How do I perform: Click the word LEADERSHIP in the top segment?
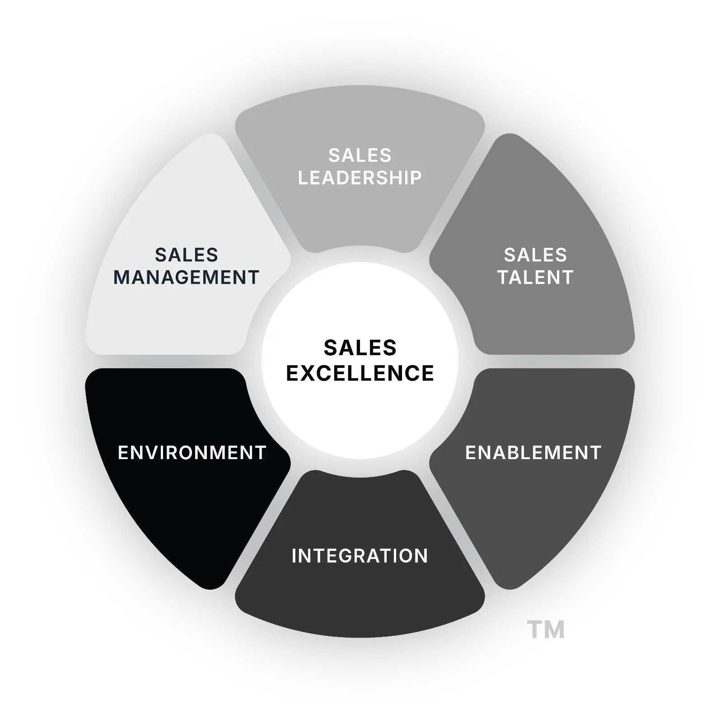click(x=360, y=178)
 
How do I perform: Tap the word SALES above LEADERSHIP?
click(x=360, y=156)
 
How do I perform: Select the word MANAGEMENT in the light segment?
click(x=186, y=277)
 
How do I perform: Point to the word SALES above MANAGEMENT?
click(x=186, y=255)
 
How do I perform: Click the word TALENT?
click(x=535, y=277)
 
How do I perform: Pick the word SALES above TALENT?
click(x=535, y=255)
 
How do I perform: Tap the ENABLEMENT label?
click(x=533, y=453)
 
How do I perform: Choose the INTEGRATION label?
click(x=360, y=556)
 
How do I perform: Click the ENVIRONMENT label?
click(x=192, y=453)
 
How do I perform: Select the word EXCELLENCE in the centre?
click(x=360, y=374)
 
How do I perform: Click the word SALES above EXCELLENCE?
click(x=360, y=348)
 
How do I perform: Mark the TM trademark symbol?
click(x=547, y=629)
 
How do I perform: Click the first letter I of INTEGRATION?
click(x=295, y=556)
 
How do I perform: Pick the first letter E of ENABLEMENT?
click(x=470, y=453)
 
